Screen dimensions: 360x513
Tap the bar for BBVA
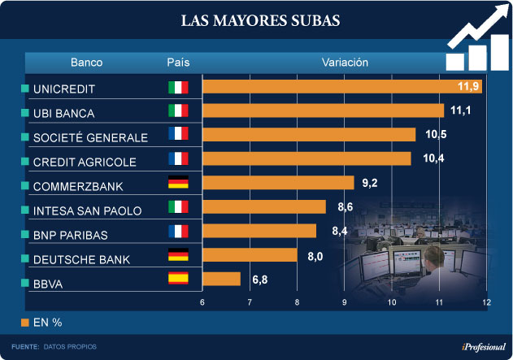(x=221, y=279)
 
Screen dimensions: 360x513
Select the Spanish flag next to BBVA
(x=177, y=279)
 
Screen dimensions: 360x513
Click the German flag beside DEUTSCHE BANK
(x=177, y=255)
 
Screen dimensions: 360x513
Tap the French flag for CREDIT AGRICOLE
(x=177, y=159)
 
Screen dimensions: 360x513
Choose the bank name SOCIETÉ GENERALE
(x=90, y=137)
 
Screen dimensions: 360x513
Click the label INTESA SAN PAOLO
(x=88, y=210)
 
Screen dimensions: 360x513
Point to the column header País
(x=178, y=63)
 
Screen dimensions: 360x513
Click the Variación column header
(x=345, y=63)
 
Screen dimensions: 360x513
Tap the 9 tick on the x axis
(x=345, y=303)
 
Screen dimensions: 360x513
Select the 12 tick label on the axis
(x=486, y=303)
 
